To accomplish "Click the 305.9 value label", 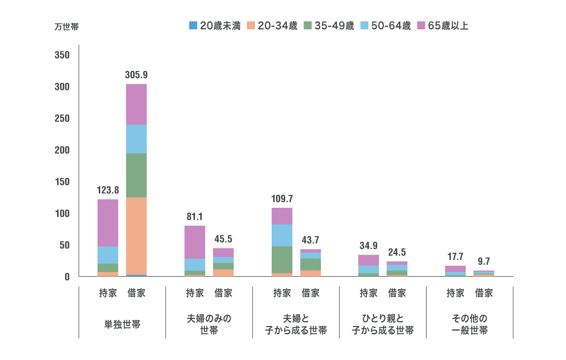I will (136, 75).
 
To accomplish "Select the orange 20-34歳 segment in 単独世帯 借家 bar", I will (136, 236).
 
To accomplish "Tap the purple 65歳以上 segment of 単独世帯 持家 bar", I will (108, 223).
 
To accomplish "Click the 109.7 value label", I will (282, 199).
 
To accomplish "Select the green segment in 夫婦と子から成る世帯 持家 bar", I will (282, 260).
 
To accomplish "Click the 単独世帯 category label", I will (122, 325).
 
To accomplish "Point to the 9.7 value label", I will (484, 262).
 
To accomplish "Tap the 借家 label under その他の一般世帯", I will (484, 293).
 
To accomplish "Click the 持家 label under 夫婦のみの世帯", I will (195, 293).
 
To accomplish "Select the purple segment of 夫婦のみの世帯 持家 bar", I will (195, 242).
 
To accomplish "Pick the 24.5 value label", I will (397, 253).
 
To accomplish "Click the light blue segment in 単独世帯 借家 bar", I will (136, 139).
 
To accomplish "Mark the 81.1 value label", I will (195, 217).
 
